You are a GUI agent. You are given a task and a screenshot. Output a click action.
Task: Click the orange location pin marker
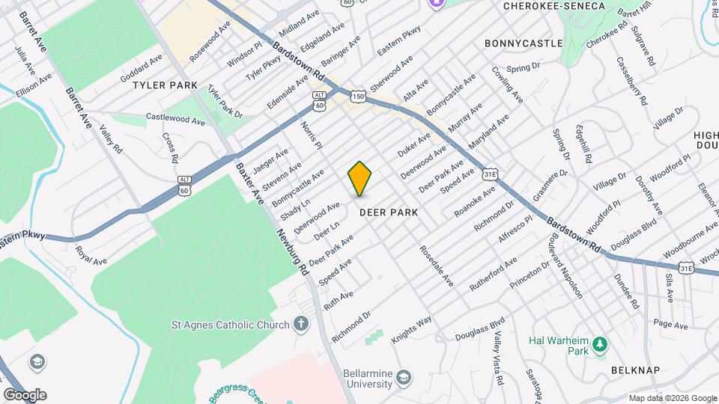point(359,178)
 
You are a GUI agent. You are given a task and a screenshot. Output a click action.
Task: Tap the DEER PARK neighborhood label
point(388,212)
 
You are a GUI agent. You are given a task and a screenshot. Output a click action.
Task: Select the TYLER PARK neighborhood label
point(165,85)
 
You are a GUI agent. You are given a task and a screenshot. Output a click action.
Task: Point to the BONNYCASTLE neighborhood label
point(524,43)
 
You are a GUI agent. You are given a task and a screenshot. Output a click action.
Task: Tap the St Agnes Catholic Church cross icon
point(301,324)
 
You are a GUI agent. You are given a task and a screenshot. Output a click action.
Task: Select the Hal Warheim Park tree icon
point(598,344)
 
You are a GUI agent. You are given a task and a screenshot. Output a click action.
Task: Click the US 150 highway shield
point(359,97)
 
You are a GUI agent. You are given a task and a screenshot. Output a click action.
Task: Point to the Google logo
point(24,394)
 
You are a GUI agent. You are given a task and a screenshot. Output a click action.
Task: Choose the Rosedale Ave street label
point(437,266)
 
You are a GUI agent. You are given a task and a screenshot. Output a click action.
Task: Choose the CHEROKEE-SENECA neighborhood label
point(554,6)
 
